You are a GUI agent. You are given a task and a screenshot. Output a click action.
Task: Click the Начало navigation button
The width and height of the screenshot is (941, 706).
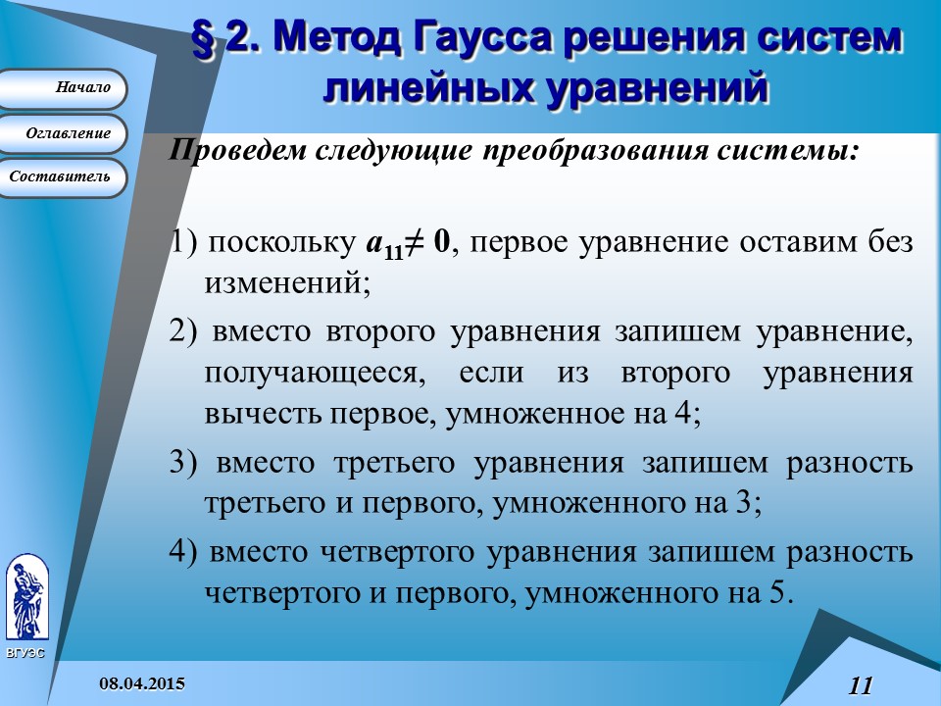click(x=63, y=88)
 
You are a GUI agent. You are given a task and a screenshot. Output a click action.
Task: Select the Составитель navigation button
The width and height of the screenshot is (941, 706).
click(x=63, y=177)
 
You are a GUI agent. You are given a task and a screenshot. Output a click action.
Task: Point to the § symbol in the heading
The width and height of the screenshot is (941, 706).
click(x=204, y=39)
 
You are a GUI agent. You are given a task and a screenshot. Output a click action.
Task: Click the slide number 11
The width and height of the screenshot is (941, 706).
click(x=860, y=685)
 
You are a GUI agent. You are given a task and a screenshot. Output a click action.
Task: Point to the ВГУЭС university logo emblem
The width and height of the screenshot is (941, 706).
click(x=26, y=598)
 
